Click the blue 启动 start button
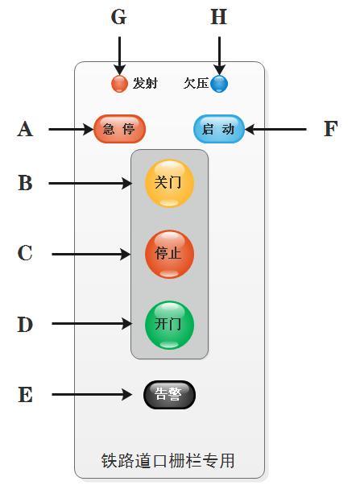tap(219, 129)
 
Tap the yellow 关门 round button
tap(169, 183)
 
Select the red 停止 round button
tap(169, 254)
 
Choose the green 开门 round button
tap(169, 325)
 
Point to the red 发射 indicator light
tap(119, 84)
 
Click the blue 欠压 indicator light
tap(219, 84)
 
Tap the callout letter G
tap(118, 17)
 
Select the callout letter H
tap(219, 17)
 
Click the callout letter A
tap(25, 129)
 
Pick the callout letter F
tap(330, 129)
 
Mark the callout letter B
tap(25, 183)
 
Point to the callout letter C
tap(25, 253)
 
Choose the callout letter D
tap(25, 325)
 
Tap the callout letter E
tap(26, 395)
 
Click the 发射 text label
tap(145, 83)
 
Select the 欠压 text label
tap(197, 83)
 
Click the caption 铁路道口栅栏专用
tap(168, 460)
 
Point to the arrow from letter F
tap(275, 129)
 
